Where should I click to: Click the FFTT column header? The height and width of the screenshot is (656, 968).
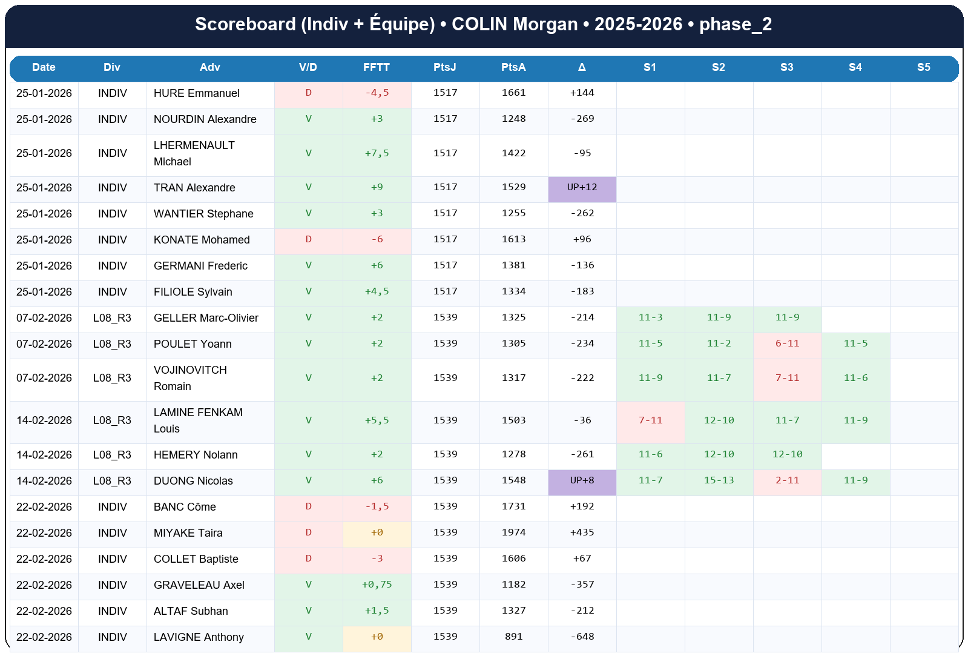click(x=376, y=67)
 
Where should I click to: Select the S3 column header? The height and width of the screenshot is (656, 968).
click(x=786, y=67)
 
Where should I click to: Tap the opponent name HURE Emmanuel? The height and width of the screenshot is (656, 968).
click(x=196, y=93)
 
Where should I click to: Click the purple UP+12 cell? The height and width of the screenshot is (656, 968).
click(x=582, y=188)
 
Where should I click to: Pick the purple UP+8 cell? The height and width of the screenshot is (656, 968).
click(x=582, y=480)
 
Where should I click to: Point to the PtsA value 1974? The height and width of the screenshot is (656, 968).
click(x=513, y=532)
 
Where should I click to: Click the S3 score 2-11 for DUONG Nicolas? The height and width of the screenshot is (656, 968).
click(x=787, y=480)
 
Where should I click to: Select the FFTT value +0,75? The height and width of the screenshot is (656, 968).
click(x=377, y=585)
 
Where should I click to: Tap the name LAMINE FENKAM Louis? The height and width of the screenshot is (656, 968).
click(x=197, y=420)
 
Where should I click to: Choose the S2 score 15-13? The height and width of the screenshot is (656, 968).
click(x=719, y=480)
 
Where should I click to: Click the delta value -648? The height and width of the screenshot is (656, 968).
click(x=582, y=637)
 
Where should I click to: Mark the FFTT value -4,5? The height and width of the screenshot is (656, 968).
click(x=377, y=93)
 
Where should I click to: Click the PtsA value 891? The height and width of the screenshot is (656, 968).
click(x=513, y=637)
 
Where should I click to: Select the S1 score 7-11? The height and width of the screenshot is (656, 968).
click(x=650, y=420)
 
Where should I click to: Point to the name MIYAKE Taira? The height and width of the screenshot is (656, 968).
click(x=188, y=533)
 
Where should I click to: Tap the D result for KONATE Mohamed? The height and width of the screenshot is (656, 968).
click(x=308, y=239)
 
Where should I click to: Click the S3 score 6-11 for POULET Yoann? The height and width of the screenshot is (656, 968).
click(x=787, y=343)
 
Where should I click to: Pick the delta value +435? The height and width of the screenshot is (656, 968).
click(x=582, y=532)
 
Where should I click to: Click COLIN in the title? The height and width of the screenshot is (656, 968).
click(x=479, y=24)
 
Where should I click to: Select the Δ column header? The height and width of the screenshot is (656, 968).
click(x=582, y=67)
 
